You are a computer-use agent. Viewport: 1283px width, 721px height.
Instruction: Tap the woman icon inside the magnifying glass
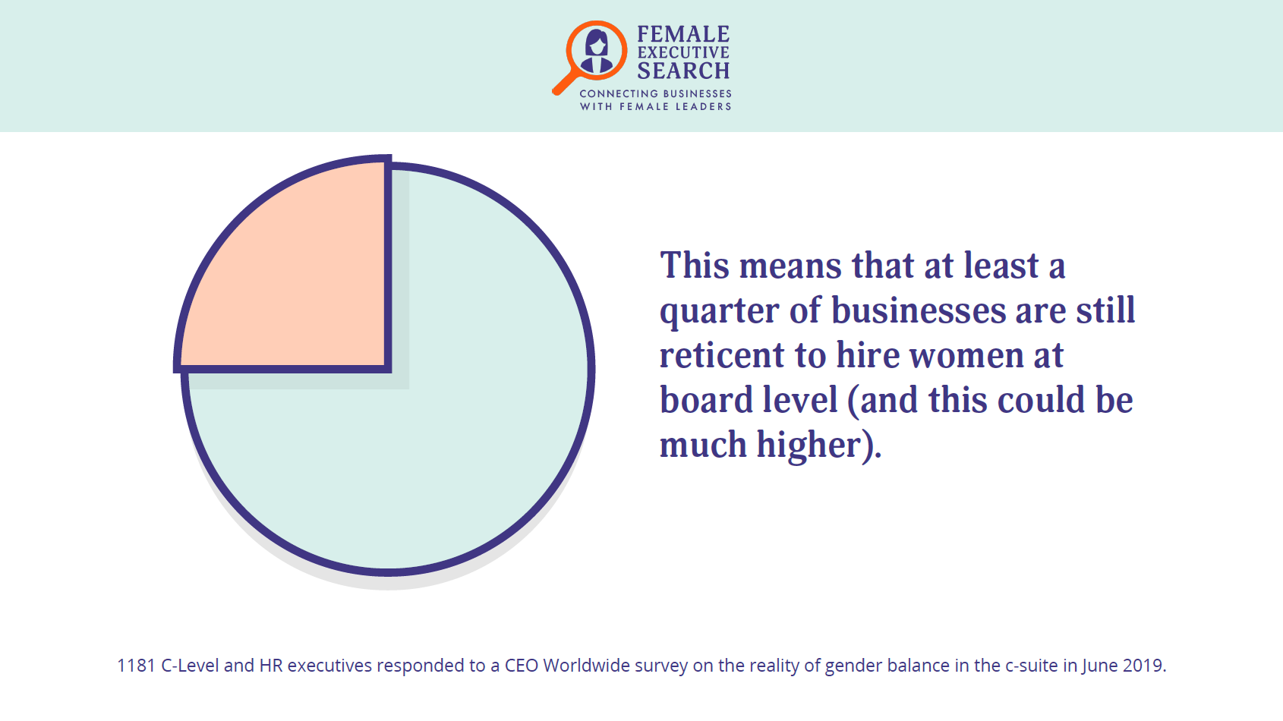[x=597, y=52]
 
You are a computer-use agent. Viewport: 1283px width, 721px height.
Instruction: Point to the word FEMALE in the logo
[x=683, y=34]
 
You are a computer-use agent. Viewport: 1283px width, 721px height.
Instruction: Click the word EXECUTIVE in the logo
[x=683, y=52]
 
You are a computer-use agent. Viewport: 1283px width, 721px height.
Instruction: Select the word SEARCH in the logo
[x=683, y=71]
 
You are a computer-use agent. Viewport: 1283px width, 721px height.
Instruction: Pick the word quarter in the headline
[x=720, y=312]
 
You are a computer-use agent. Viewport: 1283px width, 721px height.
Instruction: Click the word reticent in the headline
[x=722, y=355]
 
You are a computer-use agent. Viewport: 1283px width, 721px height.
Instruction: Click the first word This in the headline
[x=695, y=266]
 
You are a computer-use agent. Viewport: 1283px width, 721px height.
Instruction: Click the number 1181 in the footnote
[x=137, y=666]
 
